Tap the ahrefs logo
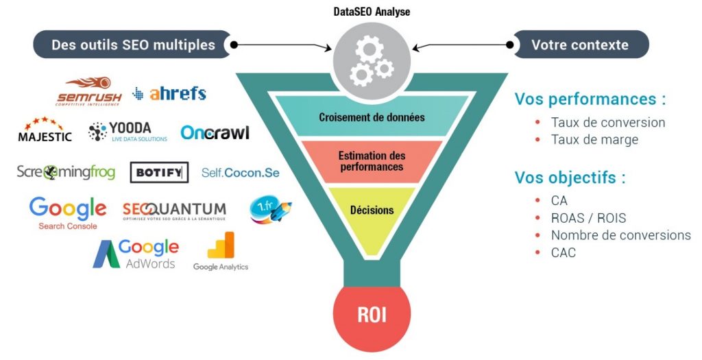click(169, 93)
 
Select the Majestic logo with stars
click(45, 130)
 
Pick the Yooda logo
click(128, 132)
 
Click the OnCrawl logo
click(215, 132)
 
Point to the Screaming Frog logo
click(66, 172)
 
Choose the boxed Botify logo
click(159, 173)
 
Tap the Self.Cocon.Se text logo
click(241, 173)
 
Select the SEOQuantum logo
click(174, 211)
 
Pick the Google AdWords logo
click(136, 254)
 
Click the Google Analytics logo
click(221, 252)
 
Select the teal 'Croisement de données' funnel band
click(372, 117)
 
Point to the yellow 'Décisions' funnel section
click(372, 213)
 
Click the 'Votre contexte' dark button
click(580, 45)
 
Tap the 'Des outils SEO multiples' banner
click(133, 45)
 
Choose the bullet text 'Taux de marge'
click(594, 140)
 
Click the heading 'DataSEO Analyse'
click(372, 11)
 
